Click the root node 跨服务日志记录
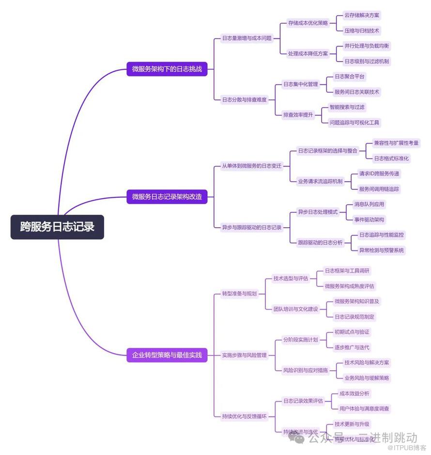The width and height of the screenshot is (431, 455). (x=57, y=227)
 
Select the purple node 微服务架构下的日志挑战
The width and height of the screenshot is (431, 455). (x=167, y=69)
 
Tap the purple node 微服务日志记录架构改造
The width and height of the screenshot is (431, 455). (x=167, y=197)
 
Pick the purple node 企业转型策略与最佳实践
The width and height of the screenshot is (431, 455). (x=167, y=355)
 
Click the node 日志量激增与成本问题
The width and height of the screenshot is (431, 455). (x=246, y=38)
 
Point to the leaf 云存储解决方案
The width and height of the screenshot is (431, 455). (x=362, y=15)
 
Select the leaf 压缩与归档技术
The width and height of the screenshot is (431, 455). (x=362, y=31)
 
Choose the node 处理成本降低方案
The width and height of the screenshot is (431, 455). (x=308, y=54)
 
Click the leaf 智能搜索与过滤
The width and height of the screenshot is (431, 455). (x=347, y=107)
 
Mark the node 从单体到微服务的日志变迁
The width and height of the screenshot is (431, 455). (x=251, y=166)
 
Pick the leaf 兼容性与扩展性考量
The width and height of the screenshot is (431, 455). (x=396, y=143)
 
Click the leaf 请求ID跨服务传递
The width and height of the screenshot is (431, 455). (x=379, y=173)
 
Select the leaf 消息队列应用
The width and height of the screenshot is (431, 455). (x=369, y=204)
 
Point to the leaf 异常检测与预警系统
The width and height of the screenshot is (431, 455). (x=381, y=251)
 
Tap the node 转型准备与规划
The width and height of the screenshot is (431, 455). (x=239, y=294)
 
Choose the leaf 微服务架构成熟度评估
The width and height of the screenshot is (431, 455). (x=349, y=286)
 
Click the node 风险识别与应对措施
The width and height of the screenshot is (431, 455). (x=305, y=370)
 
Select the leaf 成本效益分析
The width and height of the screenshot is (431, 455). (x=354, y=393)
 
